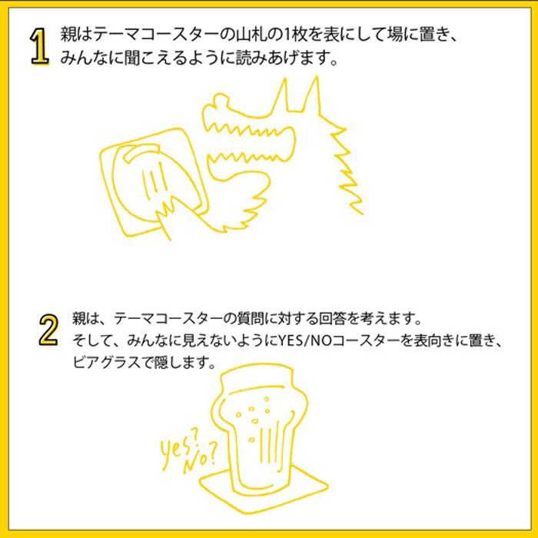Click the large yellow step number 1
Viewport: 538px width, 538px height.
[39, 46]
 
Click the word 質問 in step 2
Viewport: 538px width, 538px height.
[251, 319]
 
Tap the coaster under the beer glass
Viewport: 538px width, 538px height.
[264, 496]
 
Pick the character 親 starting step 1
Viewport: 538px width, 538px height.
[68, 35]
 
